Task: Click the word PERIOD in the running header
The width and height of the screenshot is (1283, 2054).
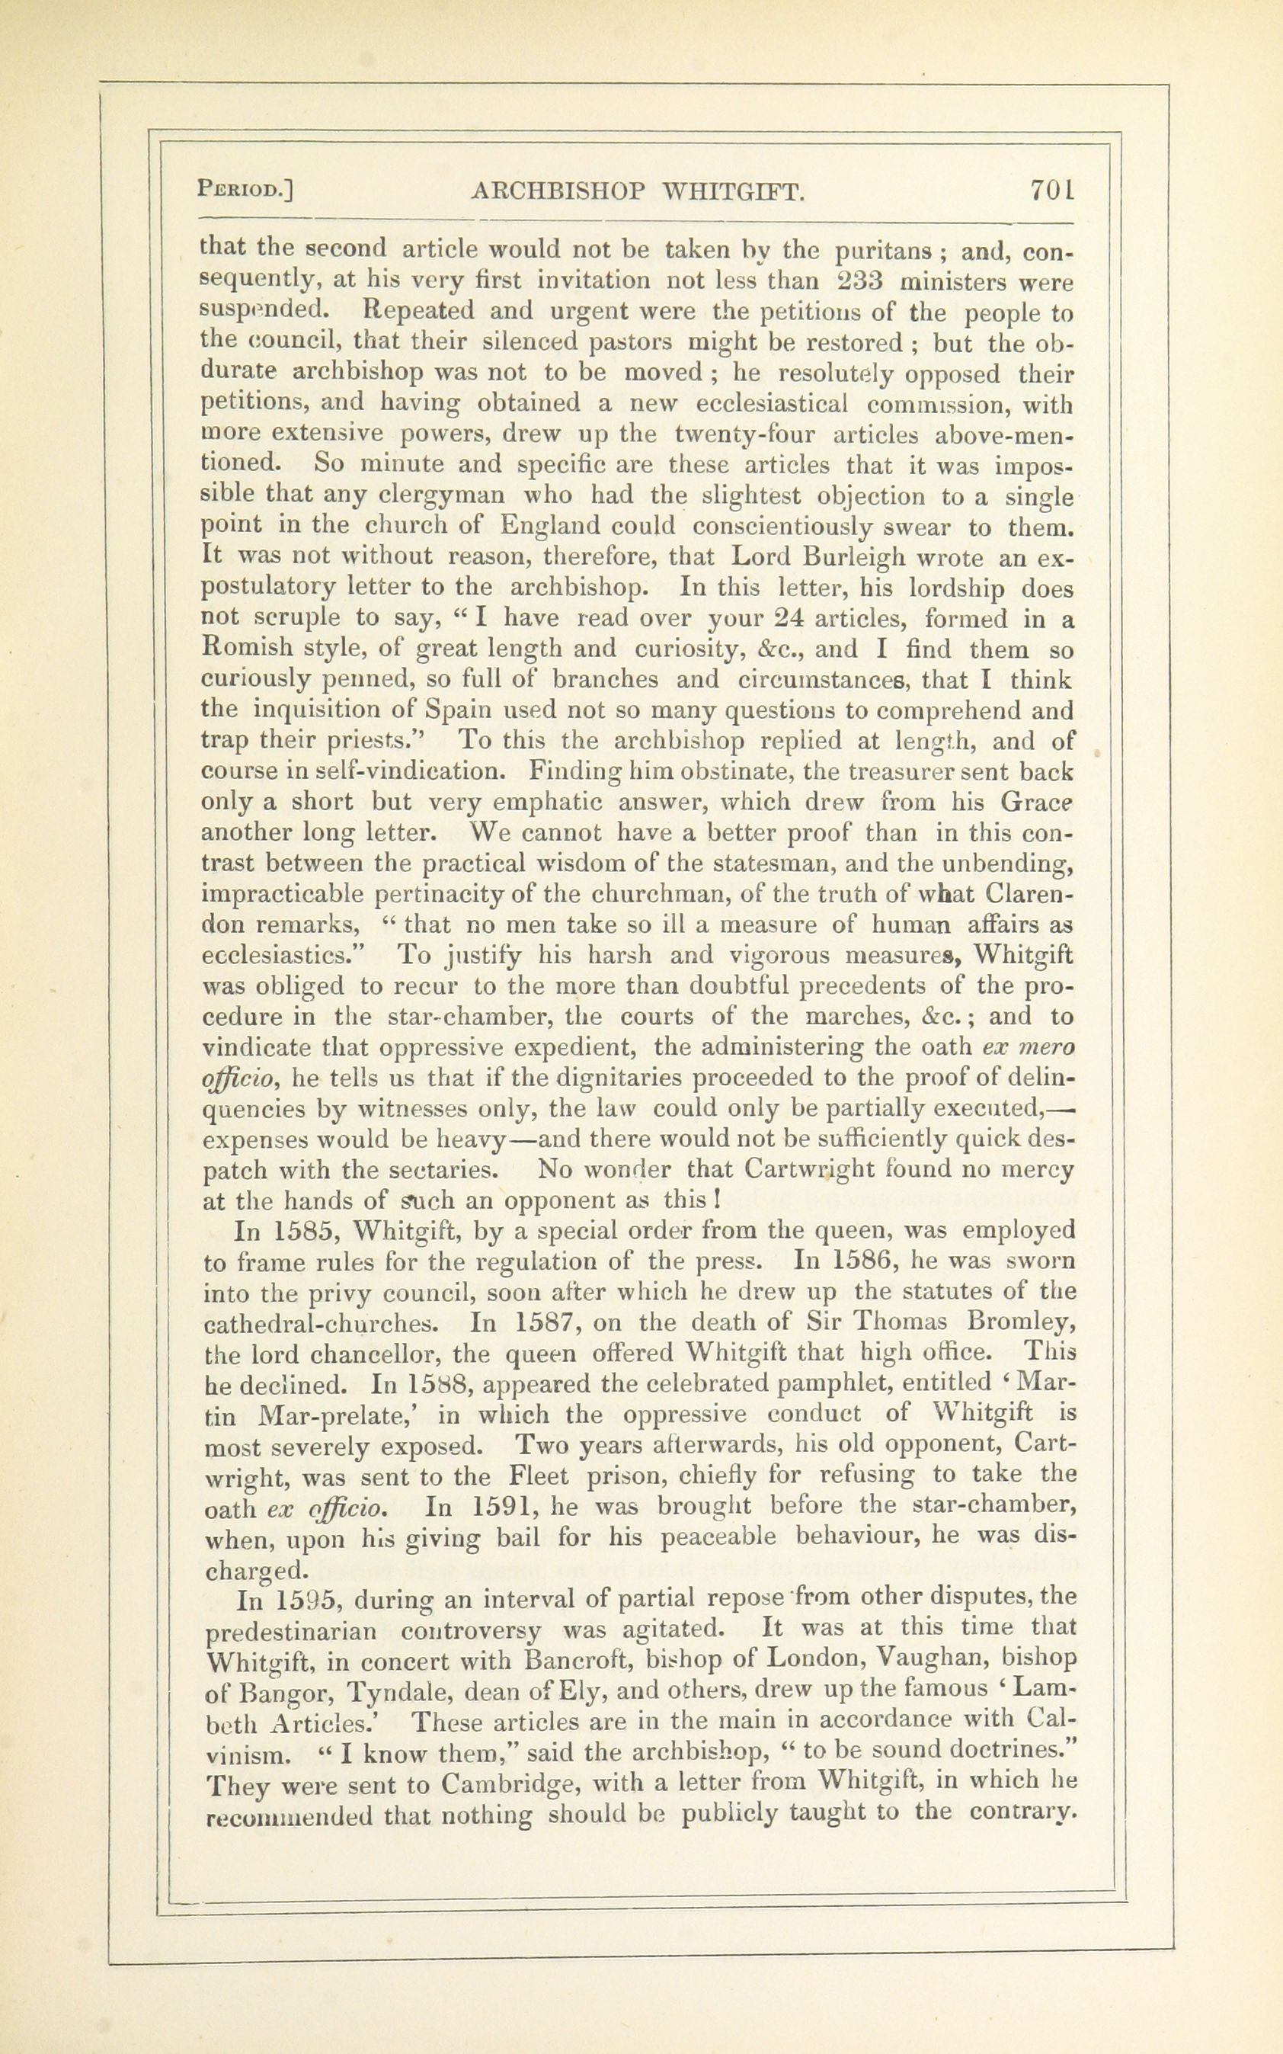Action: (244, 189)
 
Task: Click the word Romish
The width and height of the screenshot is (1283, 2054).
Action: (253, 651)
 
